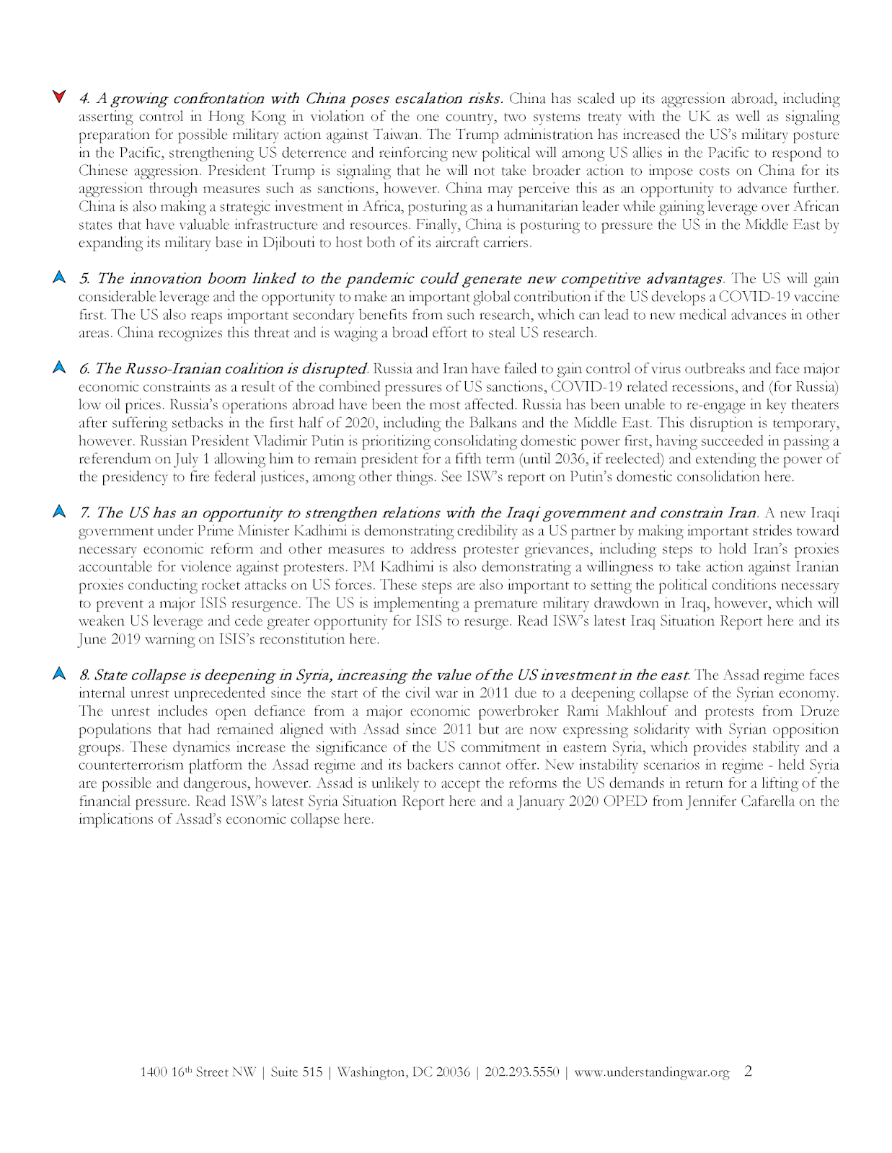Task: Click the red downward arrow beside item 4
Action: (60, 97)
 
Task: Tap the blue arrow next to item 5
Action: (60, 277)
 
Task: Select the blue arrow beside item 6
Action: (60, 368)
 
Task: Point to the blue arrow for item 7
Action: (60, 512)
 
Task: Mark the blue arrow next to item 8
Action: (60, 675)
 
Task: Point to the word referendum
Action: (112, 459)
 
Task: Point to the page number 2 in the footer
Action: (748, 1072)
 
